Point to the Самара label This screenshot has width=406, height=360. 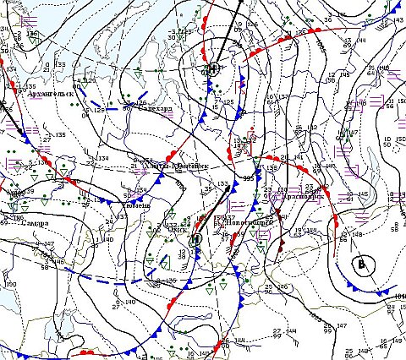(x=34, y=223)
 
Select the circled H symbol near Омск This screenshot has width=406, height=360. (x=195, y=239)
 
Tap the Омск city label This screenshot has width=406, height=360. (x=179, y=228)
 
